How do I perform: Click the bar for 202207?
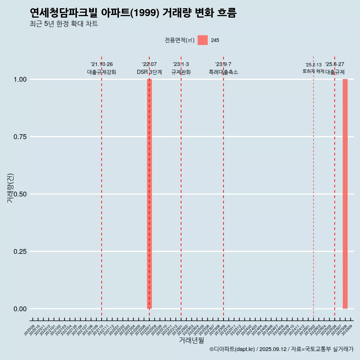click(149, 194)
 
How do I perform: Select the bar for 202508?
click(345, 194)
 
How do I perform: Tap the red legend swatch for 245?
click(202, 40)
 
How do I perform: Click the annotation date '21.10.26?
click(102, 64)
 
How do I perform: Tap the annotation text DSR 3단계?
click(149, 72)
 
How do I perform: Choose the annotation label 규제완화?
click(181, 72)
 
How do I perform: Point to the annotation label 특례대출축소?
click(223, 72)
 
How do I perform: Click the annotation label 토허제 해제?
click(313, 71)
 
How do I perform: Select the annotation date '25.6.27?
click(334, 64)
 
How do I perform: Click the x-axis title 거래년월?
click(192, 340)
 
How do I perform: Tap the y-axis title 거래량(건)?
click(10, 188)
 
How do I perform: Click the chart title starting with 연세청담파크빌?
click(133, 13)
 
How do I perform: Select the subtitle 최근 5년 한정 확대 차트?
click(64, 24)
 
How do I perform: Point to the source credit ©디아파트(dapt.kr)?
click(232, 349)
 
